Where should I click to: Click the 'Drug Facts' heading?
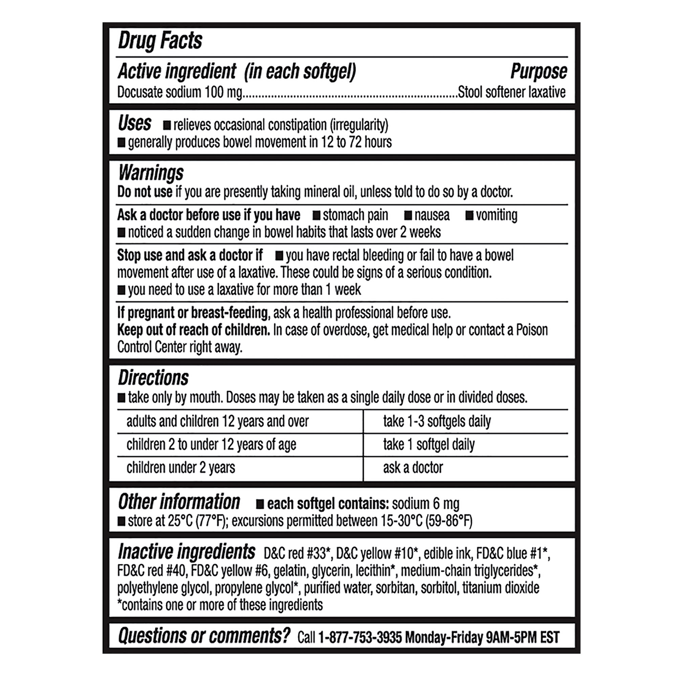click(160, 41)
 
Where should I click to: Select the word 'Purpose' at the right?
click(538, 71)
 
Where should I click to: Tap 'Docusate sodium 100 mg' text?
click(179, 92)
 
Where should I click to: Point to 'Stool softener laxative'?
click(511, 92)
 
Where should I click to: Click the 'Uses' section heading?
click(135, 123)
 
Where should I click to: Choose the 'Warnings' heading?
click(151, 173)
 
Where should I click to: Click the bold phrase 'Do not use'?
click(145, 192)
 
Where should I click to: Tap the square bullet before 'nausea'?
click(408, 216)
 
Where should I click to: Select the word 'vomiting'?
click(496, 215)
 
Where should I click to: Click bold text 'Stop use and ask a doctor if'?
click(190, 256)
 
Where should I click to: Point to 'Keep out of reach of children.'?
click(193, 330)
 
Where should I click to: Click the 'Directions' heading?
click(153, 378)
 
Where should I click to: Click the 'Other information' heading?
click(179, 502)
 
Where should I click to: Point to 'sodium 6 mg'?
click(425, 504)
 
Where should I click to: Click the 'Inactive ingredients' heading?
click(187, 552)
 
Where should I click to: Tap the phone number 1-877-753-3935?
click(359, 637)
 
